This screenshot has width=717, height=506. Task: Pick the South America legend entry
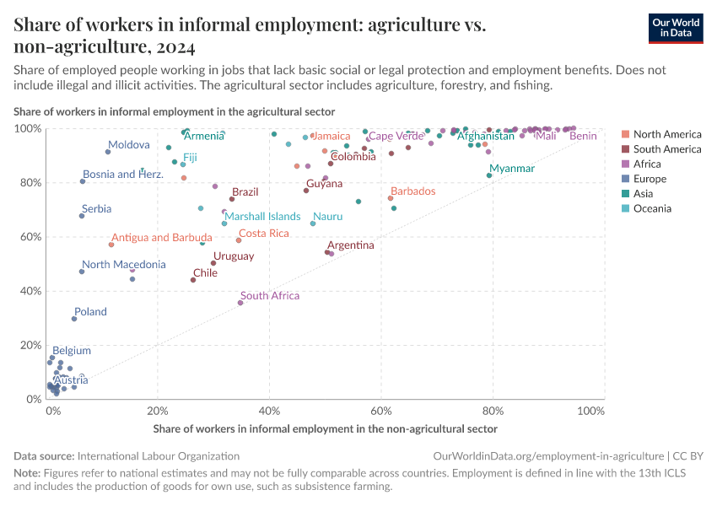tap(666, 149)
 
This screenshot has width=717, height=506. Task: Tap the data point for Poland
tap(74, 319)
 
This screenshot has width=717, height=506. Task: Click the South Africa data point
tap(240, 303)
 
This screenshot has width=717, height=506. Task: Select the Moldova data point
tap(108, 152)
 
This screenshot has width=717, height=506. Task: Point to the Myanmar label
tap(512, 169)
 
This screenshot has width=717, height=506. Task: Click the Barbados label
tap(413, 191)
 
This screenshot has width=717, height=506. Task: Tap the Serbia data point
tap(82, 216)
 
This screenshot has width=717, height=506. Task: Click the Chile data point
tap(193, 280)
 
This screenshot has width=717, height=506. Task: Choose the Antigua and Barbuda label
tap(162, 238)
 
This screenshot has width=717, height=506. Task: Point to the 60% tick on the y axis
tap(28, 237)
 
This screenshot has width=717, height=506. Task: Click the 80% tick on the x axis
tap(493, 412)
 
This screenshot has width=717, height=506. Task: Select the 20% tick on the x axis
tap(158, 412)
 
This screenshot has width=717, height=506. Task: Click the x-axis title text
tap(326, 429)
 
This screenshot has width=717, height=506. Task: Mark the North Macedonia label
tap(123, 265)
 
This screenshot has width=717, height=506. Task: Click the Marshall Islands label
tap(262, 217)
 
